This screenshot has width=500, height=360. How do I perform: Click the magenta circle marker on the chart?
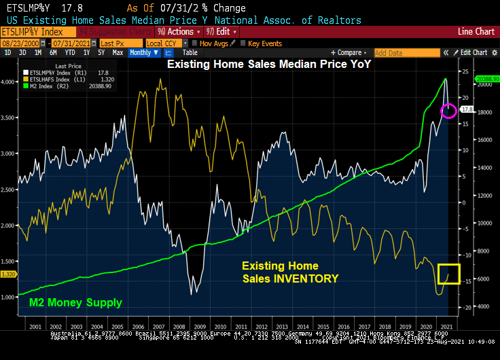tap(448, 110)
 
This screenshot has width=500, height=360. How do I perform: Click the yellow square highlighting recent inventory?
tap(449, 274)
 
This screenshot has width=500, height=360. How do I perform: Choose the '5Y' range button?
tap(101, 52)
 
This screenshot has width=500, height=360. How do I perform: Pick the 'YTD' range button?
tap(69, 52)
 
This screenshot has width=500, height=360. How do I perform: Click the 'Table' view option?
tap(190, 52)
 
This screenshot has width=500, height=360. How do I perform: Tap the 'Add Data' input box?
tap(397, 52)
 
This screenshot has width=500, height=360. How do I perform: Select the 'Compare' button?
tap(350, 52)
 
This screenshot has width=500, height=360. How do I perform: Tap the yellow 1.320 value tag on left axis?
tap(9, 274)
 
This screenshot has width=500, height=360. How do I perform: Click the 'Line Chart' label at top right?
tap(476, 31)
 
